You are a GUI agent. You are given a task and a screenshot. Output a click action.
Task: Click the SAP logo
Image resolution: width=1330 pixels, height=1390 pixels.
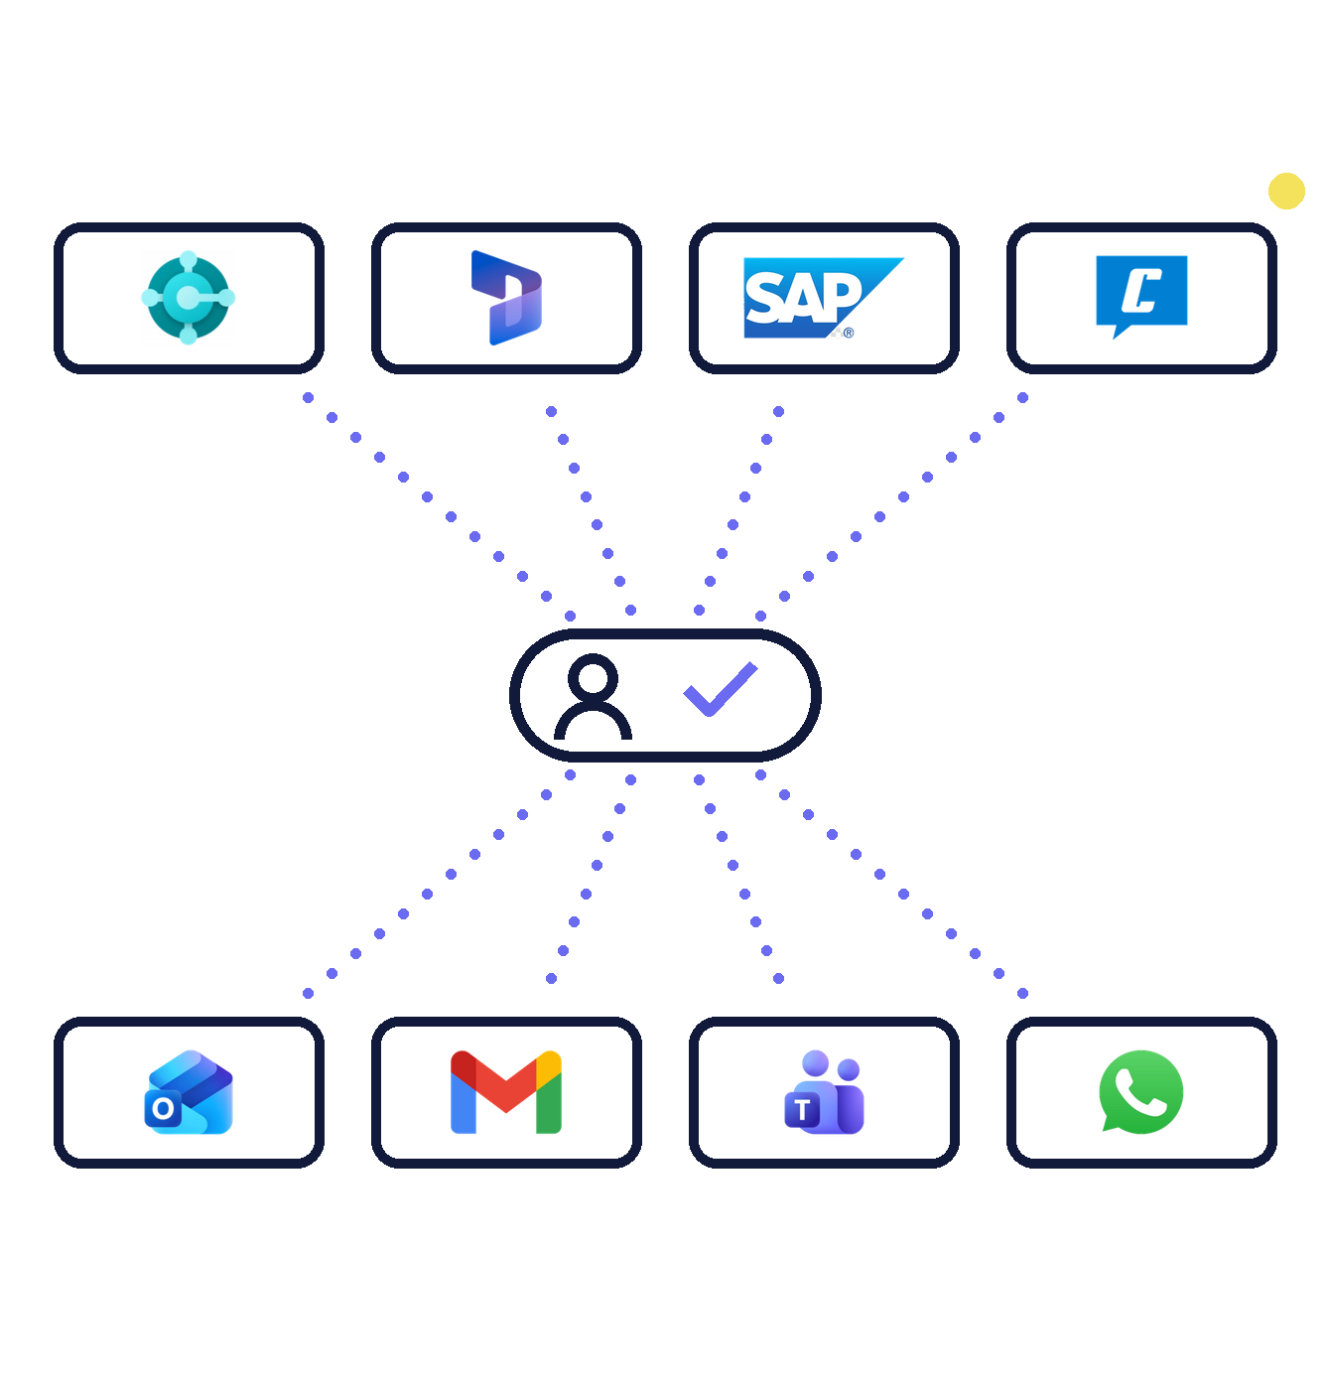[823, 297]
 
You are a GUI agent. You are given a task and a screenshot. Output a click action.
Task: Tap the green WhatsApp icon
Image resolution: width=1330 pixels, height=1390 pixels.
[1140, 1091]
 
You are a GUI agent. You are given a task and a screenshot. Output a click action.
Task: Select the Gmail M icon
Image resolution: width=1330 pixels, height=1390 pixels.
[505, 1091]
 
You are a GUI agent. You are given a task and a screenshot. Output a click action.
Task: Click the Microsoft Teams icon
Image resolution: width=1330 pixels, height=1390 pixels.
[824, 1091]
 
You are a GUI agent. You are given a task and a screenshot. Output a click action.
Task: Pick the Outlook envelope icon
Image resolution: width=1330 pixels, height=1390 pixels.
[189, 1091]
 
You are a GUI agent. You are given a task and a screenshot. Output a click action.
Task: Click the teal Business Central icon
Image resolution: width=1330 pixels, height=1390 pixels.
[188, 297]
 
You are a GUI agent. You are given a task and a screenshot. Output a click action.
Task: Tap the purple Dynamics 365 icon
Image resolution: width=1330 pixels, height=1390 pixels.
[505, 297]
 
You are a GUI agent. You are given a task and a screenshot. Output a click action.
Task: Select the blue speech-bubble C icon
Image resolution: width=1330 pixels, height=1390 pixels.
[1140, 296]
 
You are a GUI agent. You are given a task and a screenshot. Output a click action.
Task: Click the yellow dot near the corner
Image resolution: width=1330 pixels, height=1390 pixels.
[1285, 191]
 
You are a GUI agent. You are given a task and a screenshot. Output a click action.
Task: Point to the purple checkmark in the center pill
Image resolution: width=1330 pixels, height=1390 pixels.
[720, 689]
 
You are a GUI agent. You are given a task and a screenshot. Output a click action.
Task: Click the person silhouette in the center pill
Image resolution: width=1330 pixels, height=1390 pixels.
[593, 696]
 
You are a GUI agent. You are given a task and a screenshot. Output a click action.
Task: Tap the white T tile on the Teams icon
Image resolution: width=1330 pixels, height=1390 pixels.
[802, 1110]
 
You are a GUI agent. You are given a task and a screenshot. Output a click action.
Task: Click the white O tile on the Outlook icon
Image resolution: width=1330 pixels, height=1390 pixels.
[163, 1108]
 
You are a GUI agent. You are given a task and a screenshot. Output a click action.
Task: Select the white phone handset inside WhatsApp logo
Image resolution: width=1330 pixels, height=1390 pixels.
[1140, 1092]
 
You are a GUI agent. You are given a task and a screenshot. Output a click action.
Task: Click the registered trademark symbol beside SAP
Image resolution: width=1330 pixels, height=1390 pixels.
[848, 333]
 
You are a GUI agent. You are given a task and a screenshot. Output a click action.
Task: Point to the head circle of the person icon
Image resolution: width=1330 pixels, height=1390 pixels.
[593, 673]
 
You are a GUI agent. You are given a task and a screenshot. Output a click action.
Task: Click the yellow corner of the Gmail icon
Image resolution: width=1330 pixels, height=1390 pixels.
[548, 1064]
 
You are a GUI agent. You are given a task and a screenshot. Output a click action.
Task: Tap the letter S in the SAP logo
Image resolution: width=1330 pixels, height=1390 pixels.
[764, 297]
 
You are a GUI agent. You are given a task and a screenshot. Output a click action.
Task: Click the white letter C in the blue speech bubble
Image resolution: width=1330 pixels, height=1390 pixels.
[1140, 290]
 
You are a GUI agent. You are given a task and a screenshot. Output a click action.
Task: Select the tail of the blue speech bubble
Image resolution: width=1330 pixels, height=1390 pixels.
[1120, 331]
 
